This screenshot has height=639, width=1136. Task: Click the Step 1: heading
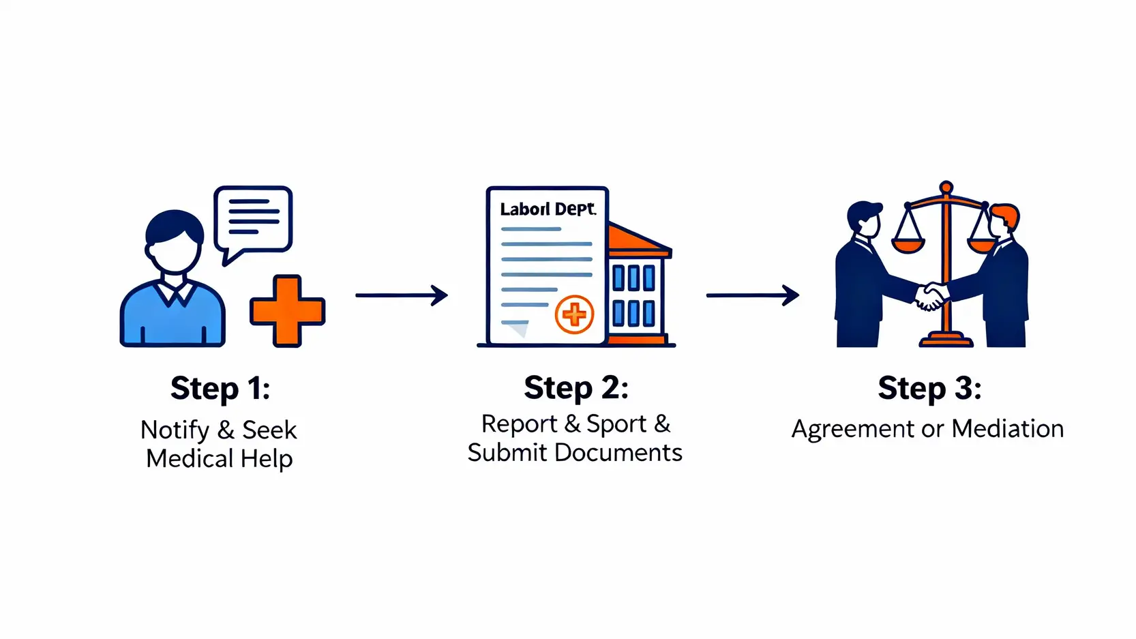(x=220, y=389)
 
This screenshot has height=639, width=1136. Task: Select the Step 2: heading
(x=576, y=388)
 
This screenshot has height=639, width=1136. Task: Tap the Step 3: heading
(x=929, y=389)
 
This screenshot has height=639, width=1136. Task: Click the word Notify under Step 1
(x=175, y=430)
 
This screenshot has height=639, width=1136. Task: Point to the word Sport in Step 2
(x=616, y=424)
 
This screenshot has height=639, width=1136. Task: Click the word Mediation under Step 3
(x=1007, y=429)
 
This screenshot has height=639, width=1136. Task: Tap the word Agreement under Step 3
(x=852, y=430)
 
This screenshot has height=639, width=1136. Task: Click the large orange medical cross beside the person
(x=287, y=311)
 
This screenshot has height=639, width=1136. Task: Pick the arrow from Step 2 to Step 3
(x=752, y=295)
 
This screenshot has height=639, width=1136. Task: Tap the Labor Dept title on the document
(x=548, y=209)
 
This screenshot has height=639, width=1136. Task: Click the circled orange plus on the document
(x=574, y=314)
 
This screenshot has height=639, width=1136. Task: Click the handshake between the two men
(x=931, y=297)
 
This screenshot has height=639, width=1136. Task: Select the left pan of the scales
(x=908, y=243)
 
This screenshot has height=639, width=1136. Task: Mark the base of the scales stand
(x=946, y=340)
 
